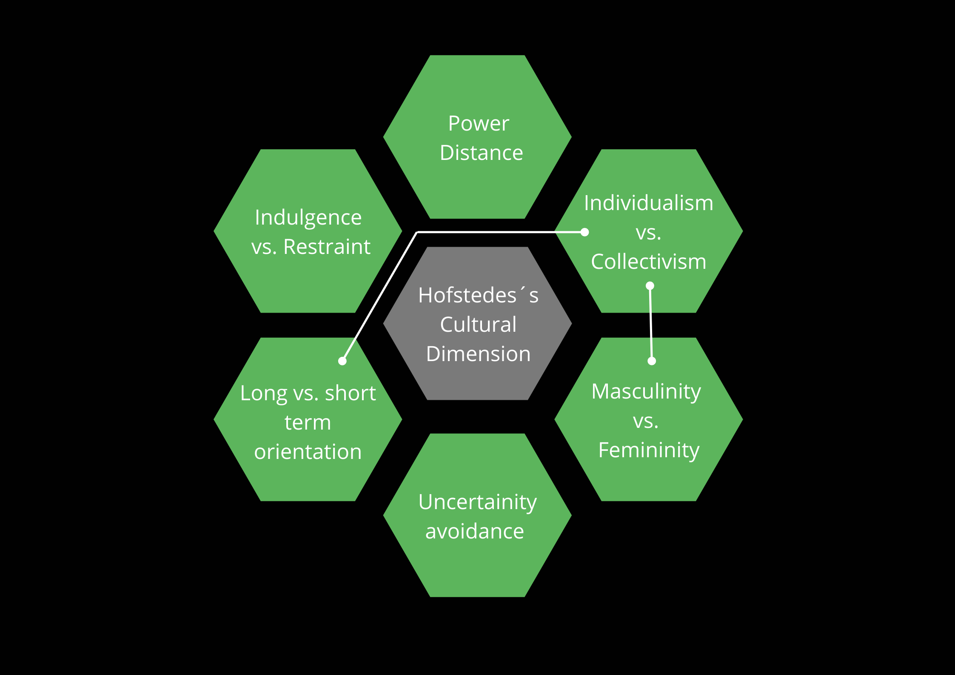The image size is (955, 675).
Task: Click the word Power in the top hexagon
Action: coord(479,124)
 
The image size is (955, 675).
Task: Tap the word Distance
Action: coord(481,153)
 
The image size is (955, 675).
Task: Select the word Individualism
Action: coord(648,203)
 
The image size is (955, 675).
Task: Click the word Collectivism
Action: coord(648,262)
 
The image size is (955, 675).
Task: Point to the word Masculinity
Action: coord(646,392)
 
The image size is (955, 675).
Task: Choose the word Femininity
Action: coord(649,450)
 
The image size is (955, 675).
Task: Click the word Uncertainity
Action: coord(477,502)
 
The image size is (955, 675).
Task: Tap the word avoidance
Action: coord(475,532)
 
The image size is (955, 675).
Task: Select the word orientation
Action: coord(308,452)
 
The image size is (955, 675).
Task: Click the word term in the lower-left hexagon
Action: coord(308,422)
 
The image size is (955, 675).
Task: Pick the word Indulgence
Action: coord(308,218)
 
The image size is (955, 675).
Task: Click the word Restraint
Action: coord(327,247)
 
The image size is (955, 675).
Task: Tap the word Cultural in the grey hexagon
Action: coord(478,325)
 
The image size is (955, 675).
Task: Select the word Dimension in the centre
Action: coord(478,354)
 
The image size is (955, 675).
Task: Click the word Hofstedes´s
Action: coord(478,295)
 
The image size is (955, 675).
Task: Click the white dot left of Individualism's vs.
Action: coord(585,232)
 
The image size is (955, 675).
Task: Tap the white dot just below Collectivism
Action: coord(650,286)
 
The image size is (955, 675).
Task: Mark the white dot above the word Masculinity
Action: coord(652,361)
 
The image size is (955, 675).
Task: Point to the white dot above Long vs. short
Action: coord(342,361)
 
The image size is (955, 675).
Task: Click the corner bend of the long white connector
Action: coord(417,232)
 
